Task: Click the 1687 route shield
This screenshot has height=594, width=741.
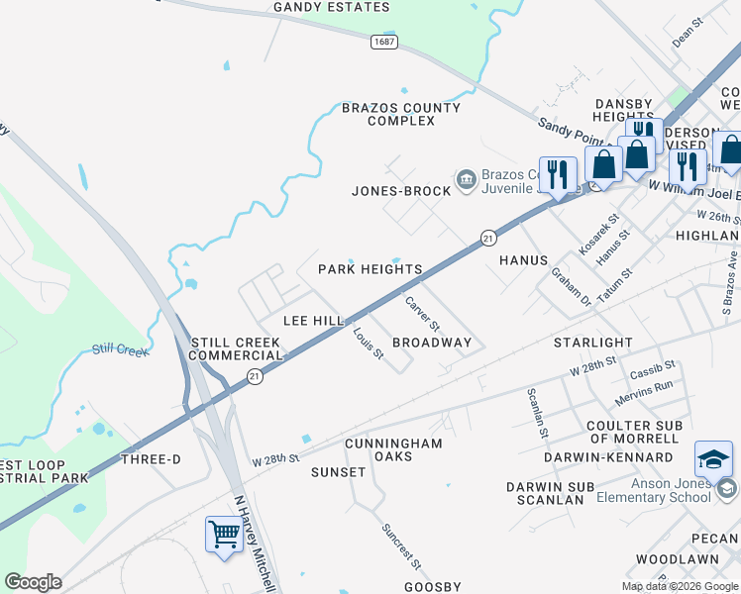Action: click(385, 42)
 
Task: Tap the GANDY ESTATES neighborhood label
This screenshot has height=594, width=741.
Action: click(332, 8)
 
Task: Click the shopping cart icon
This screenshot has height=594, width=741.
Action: click(225, 535)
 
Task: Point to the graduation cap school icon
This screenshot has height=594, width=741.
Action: click(713, 458)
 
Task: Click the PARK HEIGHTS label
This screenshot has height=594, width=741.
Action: click(370, 269)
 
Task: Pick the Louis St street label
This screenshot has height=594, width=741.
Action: click(369, 343)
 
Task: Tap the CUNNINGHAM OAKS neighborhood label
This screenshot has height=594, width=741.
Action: click(393, 449)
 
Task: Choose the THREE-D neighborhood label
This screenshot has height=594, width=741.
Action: click(151, 459)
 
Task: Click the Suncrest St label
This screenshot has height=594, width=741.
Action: click(402, 544)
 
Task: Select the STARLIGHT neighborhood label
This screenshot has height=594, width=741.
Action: click(592, 343)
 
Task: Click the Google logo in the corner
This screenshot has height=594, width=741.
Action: click(33, 581)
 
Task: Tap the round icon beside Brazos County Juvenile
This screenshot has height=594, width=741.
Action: click(466, 178)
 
